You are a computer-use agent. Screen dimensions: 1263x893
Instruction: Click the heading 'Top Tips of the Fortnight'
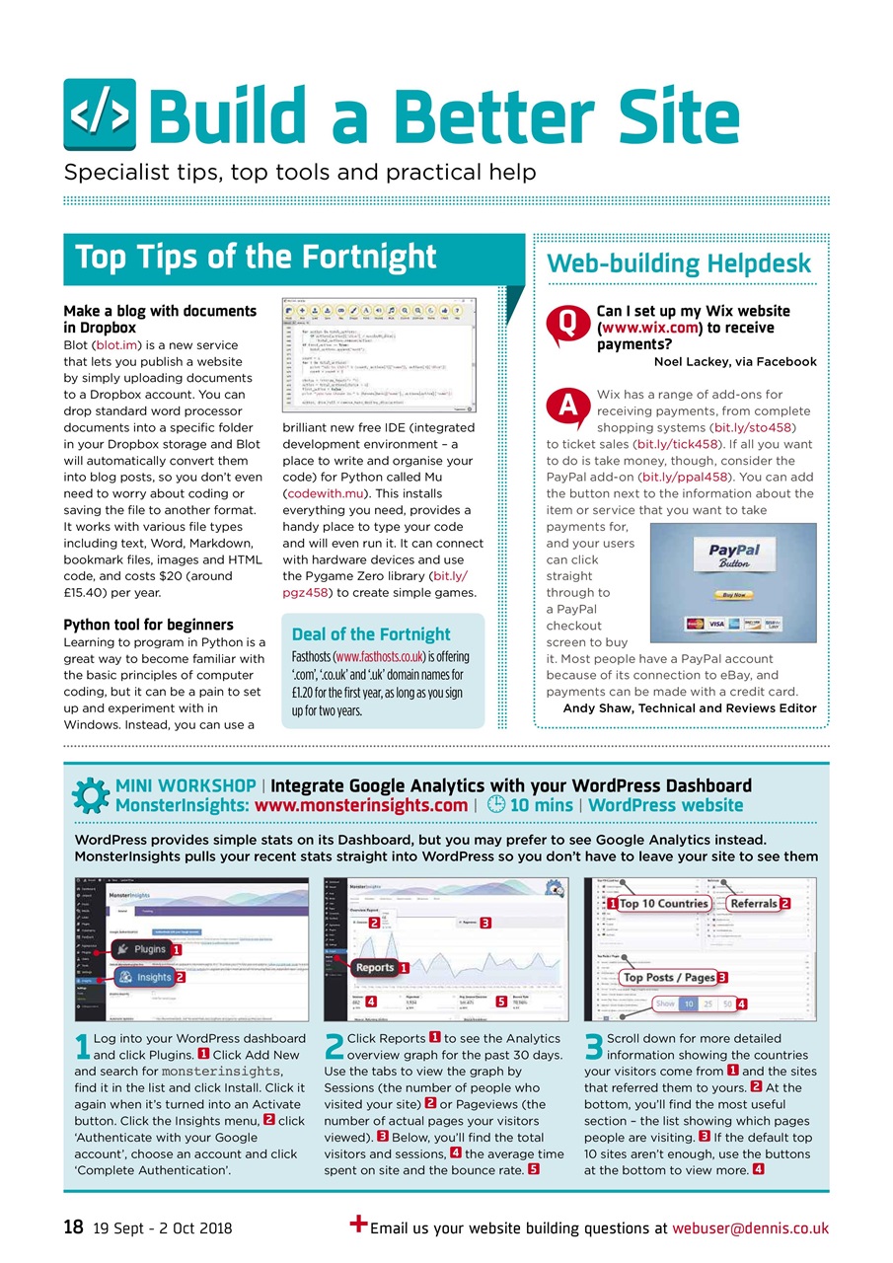[256, 258]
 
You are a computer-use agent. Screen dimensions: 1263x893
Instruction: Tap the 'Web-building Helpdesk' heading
[679, 263]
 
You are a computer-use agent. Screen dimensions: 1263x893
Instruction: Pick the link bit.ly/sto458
[753, 427]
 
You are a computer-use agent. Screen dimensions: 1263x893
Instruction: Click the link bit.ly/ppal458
[685, 477]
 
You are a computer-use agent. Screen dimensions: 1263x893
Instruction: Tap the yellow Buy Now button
[733, 595]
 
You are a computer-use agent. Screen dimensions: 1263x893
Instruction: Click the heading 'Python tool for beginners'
[148, 625]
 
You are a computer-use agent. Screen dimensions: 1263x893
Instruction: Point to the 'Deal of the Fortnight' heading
[371, 634]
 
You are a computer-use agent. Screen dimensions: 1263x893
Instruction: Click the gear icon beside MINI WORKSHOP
[91, 795]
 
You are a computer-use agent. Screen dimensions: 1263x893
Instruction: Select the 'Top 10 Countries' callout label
[663, 903]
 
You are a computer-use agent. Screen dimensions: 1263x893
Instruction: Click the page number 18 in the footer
[73, 1227]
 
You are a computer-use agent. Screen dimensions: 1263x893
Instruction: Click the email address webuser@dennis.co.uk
[750, 1228]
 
